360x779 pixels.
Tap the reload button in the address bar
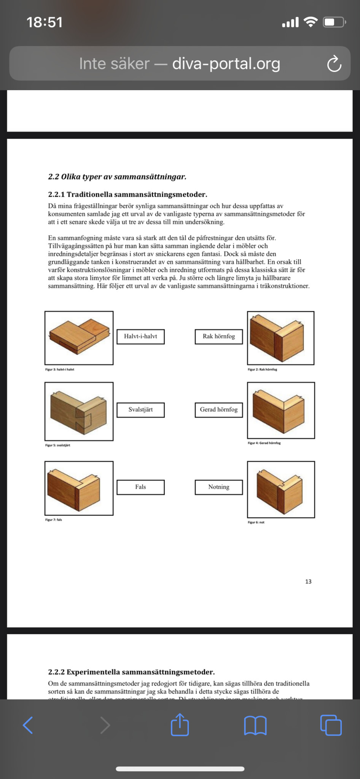334,64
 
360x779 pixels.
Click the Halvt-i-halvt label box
140,337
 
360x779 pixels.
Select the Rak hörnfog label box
219,337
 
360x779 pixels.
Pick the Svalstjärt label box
140,410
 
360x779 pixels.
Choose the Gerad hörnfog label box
219,410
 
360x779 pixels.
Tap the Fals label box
140,487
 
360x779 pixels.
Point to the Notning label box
219,487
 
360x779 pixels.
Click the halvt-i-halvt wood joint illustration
79,338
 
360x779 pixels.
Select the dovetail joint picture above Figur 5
79,411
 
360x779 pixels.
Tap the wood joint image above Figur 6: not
281,490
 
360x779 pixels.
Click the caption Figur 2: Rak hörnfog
262,369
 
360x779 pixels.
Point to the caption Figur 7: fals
54,520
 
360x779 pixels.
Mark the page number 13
308,582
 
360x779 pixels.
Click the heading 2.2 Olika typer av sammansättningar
117,177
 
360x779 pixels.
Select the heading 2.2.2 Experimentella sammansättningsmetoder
131,672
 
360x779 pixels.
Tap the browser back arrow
28,725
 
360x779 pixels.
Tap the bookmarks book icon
255,725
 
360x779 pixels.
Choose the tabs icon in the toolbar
331,725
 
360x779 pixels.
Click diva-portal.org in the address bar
226,64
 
